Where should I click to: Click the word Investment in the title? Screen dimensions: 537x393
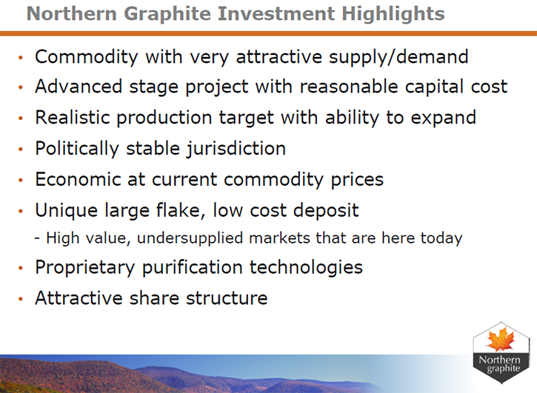(276, 14)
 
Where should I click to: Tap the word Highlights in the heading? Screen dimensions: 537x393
(393, 15)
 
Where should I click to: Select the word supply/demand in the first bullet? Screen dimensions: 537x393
(398, 57)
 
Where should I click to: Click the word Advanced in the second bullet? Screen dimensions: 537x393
(79, 87)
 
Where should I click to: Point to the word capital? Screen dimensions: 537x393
(434, 87)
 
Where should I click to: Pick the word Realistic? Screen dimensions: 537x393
(73, 117)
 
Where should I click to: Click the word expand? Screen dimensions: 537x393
(443, 118)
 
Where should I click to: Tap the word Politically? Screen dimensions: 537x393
(77, 149)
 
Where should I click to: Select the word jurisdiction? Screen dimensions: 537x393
(236, 149)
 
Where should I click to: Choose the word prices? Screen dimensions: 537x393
(357, 180)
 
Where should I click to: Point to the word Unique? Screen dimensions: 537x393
(67, 211)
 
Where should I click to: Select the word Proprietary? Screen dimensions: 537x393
(85, 268)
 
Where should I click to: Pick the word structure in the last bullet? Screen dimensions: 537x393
(227, 298)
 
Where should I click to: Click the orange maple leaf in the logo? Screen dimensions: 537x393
(501, 339)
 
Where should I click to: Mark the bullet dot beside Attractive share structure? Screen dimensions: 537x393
(21, 299)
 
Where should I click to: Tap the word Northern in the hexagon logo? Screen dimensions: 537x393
(499, 360)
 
